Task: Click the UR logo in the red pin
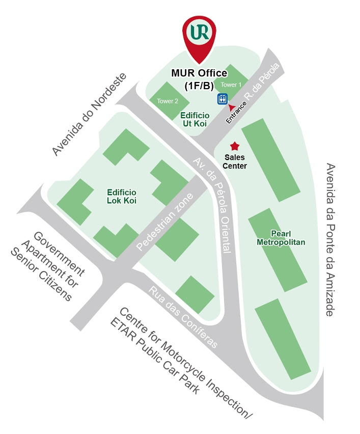[x=199, y=32]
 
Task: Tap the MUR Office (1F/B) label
[x=199, y=79]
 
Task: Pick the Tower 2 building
[x=168, y=100]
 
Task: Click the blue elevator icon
[x=223, y=98]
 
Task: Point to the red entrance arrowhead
[x=232, y=107]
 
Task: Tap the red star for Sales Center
[x=235, y=146]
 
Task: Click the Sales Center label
[x=235, y=162]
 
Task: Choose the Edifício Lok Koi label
[x=122, y=196]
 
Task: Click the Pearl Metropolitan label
[x=281, y=237]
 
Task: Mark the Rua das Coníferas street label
[x=183, y=316]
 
